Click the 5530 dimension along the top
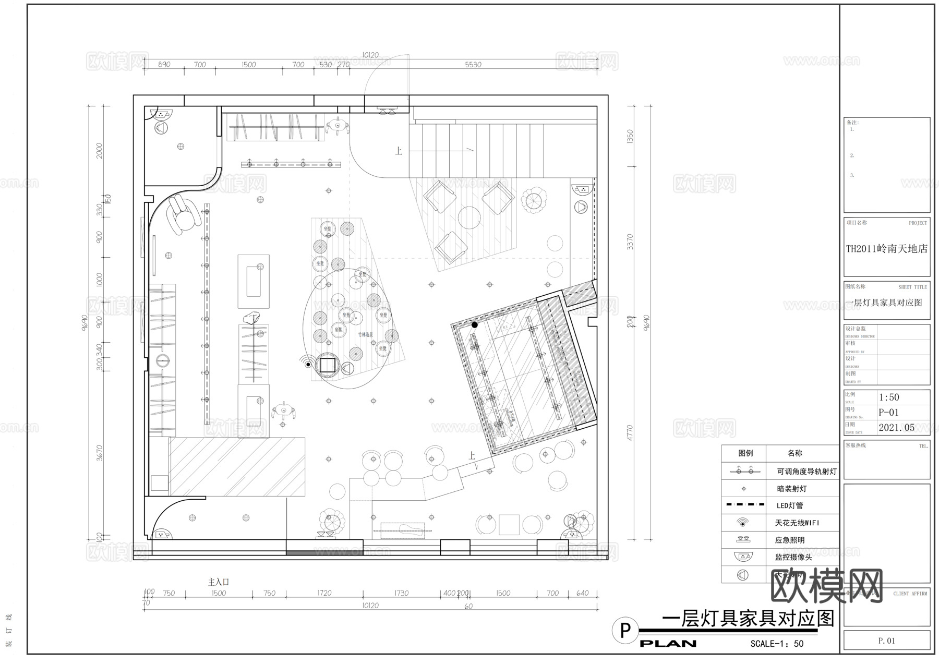click(x=473, y=65)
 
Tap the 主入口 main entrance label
click(x=219, y=582)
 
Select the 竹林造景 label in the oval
click(x=365, y=334)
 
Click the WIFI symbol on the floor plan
click(x=307, y=362)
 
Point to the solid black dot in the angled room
click(x=475, y=325)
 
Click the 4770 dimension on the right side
click(x=630, y=433)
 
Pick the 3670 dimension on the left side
click(x=100, y=453)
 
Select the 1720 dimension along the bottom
click(x=324, y=593)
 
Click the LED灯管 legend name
click(x=790, y=505)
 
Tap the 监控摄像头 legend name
click(x=793, y=557)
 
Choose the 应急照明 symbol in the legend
click(x=743, y=540)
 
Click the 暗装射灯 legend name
click(x=792, y=489)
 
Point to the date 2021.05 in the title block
click(x=896, y=428)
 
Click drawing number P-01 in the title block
click(x=889, y=412)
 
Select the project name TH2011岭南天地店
click(x=887, y=249)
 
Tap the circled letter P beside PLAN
click(x=625, y=630)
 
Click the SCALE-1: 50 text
click(x=777, y=644)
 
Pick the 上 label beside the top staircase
click(x=399, y=151)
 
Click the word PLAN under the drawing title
click(x=668, y=644)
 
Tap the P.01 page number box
click(x=886, y=641)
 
